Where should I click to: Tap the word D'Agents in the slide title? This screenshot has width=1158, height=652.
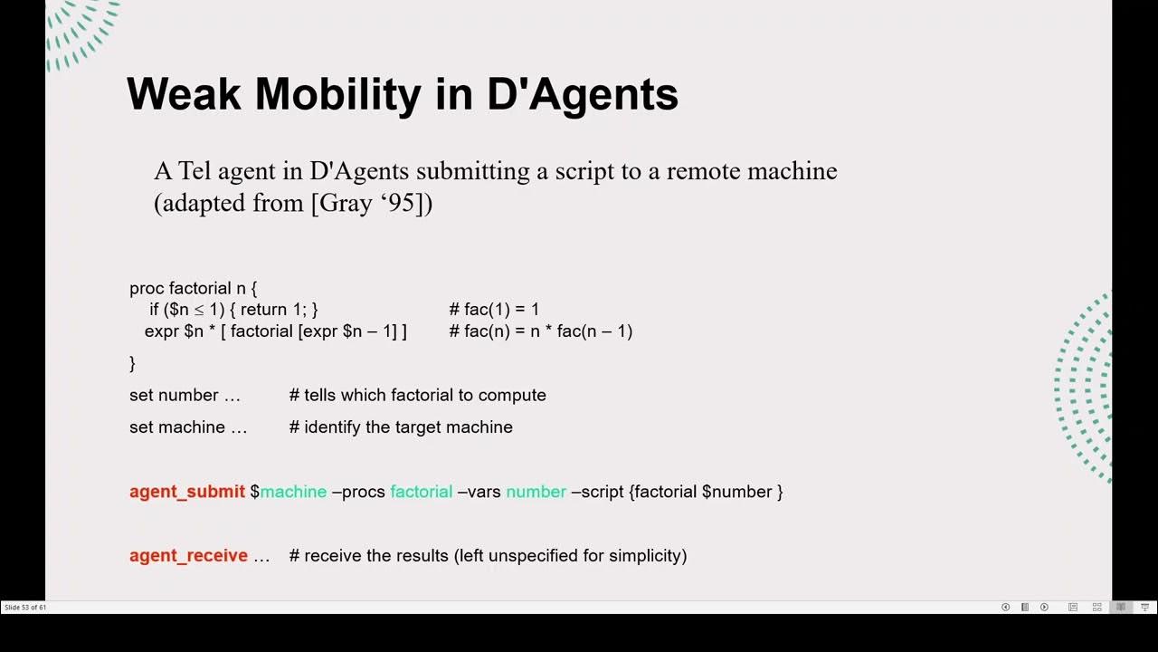[583, 94]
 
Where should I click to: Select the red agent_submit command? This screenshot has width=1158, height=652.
[187, 492]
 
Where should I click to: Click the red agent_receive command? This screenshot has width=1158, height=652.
[188, 555]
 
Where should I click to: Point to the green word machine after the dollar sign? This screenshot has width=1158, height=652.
[293, 492]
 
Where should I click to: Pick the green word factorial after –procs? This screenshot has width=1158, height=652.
[421, 492]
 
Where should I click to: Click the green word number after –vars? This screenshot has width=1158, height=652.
[536, 492]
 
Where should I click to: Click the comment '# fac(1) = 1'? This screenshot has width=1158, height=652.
[494, 310]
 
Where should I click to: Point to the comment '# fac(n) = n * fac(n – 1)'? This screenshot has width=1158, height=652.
[540, 331]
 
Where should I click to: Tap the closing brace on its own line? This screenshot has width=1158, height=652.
[132, 363]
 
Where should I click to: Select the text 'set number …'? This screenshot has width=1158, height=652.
[185, 396]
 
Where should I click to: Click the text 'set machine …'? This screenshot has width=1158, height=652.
[188, 427]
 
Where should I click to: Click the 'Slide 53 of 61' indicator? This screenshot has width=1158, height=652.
[25, 608]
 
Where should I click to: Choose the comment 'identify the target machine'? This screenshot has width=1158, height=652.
[407, 427]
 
